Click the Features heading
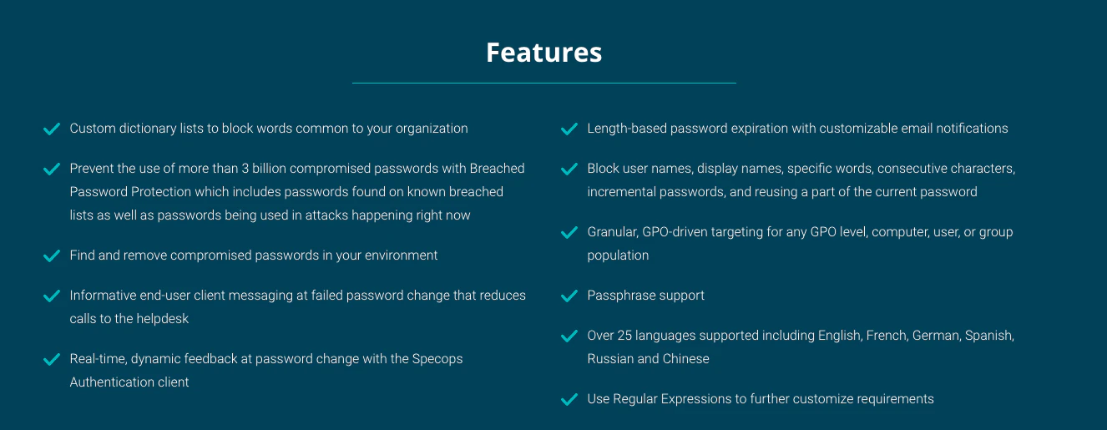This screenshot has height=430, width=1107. (543, 53)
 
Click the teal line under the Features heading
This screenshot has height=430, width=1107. (543, 83)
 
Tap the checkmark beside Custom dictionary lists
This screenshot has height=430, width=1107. (52, 129)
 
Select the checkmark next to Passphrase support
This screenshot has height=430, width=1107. (569, 296)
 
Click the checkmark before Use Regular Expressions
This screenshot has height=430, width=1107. (569, 399)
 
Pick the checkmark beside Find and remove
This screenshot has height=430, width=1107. (52, 256)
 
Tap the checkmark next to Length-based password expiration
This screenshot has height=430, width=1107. (569, 129)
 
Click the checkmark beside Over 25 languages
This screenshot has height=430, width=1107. (569, 336)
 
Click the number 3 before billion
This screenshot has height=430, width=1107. (245, 169)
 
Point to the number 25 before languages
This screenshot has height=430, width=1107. (624, 336)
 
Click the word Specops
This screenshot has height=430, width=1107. (437, 359)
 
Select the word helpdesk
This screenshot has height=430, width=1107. (163, 319)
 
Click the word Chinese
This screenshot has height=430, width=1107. (686, 359)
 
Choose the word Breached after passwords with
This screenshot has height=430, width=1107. (498, 169)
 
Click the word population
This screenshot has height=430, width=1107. (618, 256)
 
